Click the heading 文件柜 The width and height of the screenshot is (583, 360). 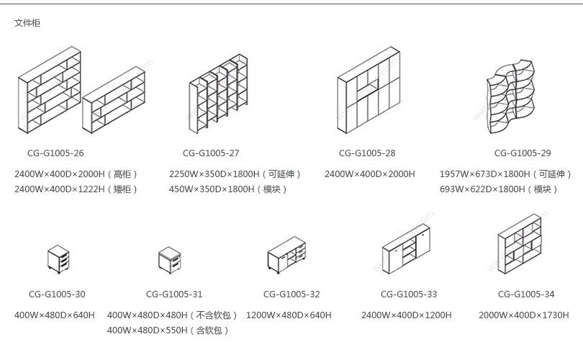(x=27, y=23)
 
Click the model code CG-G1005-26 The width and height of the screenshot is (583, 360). (x=55, y=153)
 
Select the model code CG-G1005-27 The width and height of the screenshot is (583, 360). (x=211, y=153)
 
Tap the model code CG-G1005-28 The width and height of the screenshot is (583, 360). (x=367, y=153)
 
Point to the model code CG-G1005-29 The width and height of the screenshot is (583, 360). (x=523, y=153)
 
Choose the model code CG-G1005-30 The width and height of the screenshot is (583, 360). (x=57, y=294)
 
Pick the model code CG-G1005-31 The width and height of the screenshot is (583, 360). (x=174, y=294)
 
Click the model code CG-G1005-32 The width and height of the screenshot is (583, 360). (x=291, y=294)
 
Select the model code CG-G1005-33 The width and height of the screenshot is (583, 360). (x=409, y=294)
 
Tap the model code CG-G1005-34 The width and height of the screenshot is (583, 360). (x=526, y=294)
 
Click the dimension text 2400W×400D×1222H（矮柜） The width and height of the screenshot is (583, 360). (x=76, y=189)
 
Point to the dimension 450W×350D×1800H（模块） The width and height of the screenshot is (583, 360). (x=229, y=189)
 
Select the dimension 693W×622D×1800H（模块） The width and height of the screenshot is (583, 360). (x=500, y=189)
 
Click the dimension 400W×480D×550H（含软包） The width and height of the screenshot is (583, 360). (x=168, y=330)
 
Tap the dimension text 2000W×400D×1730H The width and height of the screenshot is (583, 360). (x=524, y=315)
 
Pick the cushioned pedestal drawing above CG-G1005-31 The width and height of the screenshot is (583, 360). (x=170, y=260)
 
